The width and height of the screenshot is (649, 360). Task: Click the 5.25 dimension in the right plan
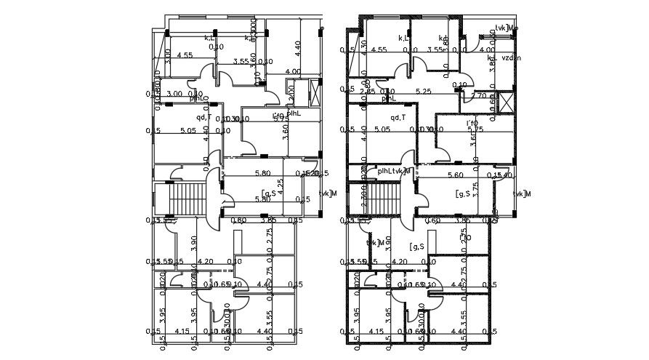[423, 92]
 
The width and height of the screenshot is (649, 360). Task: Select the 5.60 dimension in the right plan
[456, 175]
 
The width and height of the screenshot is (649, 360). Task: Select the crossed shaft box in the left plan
[313, 93]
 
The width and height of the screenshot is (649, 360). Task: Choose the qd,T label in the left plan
[204, 117]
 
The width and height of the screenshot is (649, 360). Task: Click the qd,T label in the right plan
[398, 117]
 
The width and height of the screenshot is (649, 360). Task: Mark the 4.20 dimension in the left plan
[206, 262]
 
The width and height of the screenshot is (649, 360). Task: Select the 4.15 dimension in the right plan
[376, 332]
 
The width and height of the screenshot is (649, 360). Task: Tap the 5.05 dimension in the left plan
[188, 131]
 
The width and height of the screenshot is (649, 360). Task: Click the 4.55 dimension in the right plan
[378, 50]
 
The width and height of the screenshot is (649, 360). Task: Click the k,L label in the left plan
[209, 38]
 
